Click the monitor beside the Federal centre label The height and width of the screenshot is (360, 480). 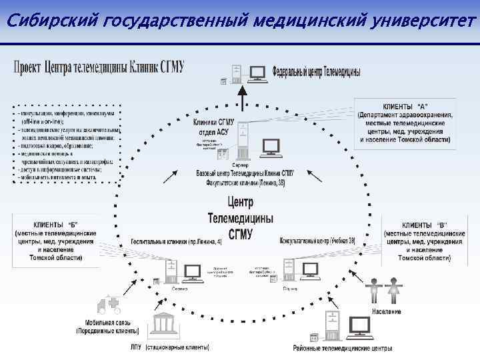257,73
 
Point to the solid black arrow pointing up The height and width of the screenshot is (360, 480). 242,99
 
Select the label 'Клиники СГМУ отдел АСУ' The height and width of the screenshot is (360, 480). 214,126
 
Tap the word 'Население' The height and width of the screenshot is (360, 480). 387,311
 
